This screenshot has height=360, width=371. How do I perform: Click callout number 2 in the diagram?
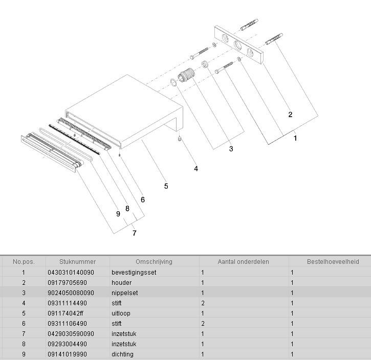point(290,115)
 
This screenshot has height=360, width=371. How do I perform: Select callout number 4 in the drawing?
point(196,168)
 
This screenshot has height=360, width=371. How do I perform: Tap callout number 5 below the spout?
point(166,186)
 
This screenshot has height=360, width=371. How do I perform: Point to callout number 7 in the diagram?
point(134,233)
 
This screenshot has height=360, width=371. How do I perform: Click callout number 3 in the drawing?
point(231,149)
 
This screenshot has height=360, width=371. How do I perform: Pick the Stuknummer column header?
point(77,262)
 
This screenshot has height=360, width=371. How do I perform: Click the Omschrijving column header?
point(154,262)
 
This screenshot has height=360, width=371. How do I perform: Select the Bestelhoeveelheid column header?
point(333,262)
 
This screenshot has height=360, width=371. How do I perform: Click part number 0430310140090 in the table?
point(71,273)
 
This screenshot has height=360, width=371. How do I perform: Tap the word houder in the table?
point(121,283)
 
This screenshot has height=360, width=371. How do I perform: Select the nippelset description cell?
point(125,293)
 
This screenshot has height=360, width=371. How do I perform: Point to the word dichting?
point(122,354)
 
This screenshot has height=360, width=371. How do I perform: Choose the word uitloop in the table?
point(122,313)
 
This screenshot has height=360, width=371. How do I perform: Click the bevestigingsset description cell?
point(134,273)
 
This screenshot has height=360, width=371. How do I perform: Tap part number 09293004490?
point(67,344)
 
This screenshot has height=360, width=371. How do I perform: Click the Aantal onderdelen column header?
point(244,262)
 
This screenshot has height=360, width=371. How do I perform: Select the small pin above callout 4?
point(180,139)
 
